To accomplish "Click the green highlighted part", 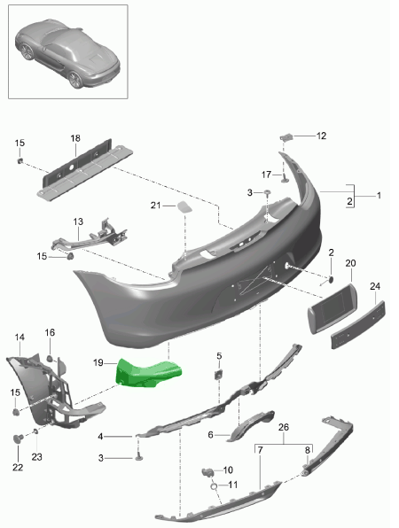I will [148, 372].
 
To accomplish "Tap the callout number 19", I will [99, 361].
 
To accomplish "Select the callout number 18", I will [75, 138].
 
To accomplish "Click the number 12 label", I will [321, 136].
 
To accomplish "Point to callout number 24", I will [374, 286].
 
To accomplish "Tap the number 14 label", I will [20, 338].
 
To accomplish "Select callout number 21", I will [154, 206].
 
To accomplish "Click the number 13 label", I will [77, 221].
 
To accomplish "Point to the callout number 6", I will [211, 435].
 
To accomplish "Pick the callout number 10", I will [227, 470].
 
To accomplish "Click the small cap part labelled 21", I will [186, 207].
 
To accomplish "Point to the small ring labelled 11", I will [214, 487].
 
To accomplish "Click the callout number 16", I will [50, 332].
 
